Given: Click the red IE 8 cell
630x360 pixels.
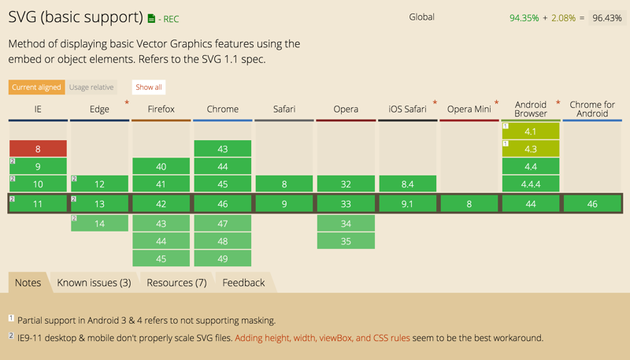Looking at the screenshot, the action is point(38,149).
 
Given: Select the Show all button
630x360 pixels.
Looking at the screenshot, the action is point(149,87).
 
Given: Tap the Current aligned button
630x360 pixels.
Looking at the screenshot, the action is point(36,87).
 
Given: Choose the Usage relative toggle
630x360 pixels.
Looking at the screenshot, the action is point(91,87).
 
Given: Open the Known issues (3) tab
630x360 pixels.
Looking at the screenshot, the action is point(94,283).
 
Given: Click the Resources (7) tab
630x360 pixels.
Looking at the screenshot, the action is point(176,283).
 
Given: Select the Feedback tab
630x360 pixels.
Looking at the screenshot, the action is point(243,283).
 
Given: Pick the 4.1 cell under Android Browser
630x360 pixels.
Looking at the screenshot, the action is point(530,132).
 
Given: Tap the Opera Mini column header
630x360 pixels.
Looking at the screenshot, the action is point(469,109).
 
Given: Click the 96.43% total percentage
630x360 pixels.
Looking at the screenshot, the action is point(607,18).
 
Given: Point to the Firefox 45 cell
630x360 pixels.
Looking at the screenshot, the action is point(161,258).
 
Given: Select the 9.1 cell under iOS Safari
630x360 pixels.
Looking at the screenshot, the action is point(407,204).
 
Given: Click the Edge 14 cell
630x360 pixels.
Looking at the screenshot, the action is point(100,224).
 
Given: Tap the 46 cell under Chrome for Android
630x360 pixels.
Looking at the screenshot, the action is point(592,204).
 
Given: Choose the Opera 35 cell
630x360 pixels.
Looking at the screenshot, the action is point(346,241).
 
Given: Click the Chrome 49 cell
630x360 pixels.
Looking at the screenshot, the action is point(223,258).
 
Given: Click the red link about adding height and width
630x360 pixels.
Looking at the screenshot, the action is point(322,338).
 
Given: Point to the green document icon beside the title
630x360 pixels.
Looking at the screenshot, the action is point(151,18).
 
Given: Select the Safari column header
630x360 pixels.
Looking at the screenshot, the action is point(284,109).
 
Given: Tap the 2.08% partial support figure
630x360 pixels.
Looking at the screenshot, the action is point(563,18).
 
